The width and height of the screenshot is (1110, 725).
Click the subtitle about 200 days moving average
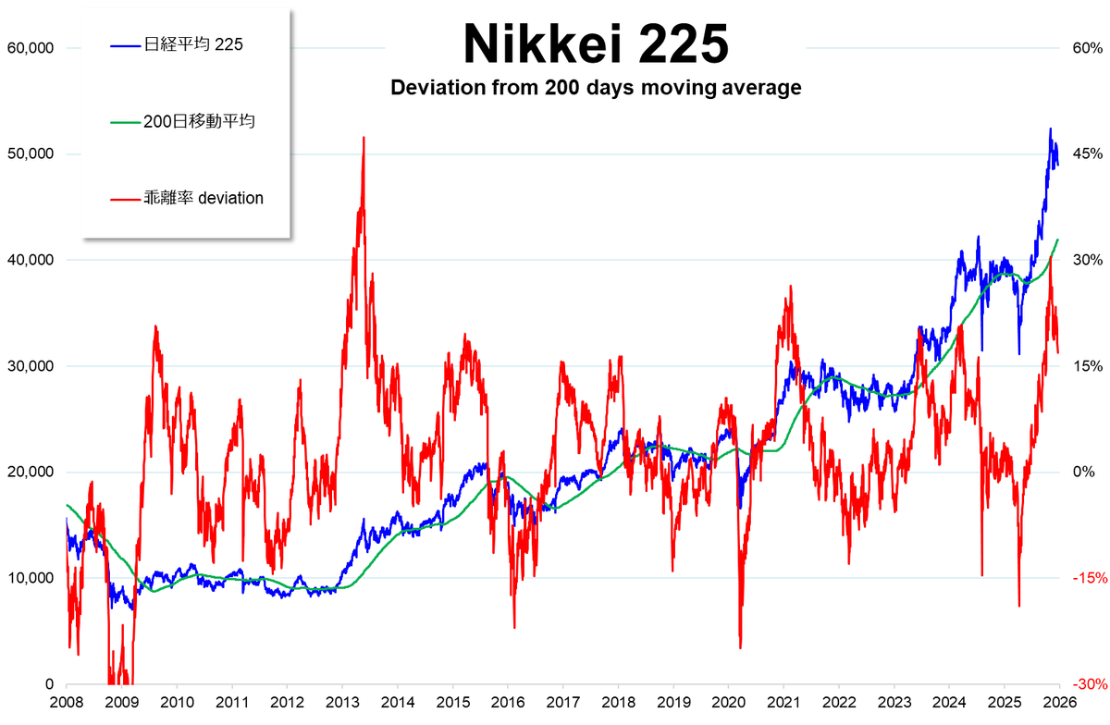[x=595, y=89]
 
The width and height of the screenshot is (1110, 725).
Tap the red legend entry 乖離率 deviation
[x=203, y=198]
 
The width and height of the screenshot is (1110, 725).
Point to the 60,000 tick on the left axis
[x=30, y=48]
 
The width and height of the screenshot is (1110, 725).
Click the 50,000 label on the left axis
[x=30, y=154]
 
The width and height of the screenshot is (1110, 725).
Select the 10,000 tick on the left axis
[x=30, y=578]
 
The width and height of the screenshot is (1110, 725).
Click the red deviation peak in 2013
[x=364, y=138]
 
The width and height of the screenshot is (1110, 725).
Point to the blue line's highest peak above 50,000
[x=1050, y=129]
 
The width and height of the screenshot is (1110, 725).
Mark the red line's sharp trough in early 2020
[x=740, y=647]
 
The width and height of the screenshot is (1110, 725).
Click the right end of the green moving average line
[x=1058, y=240]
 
